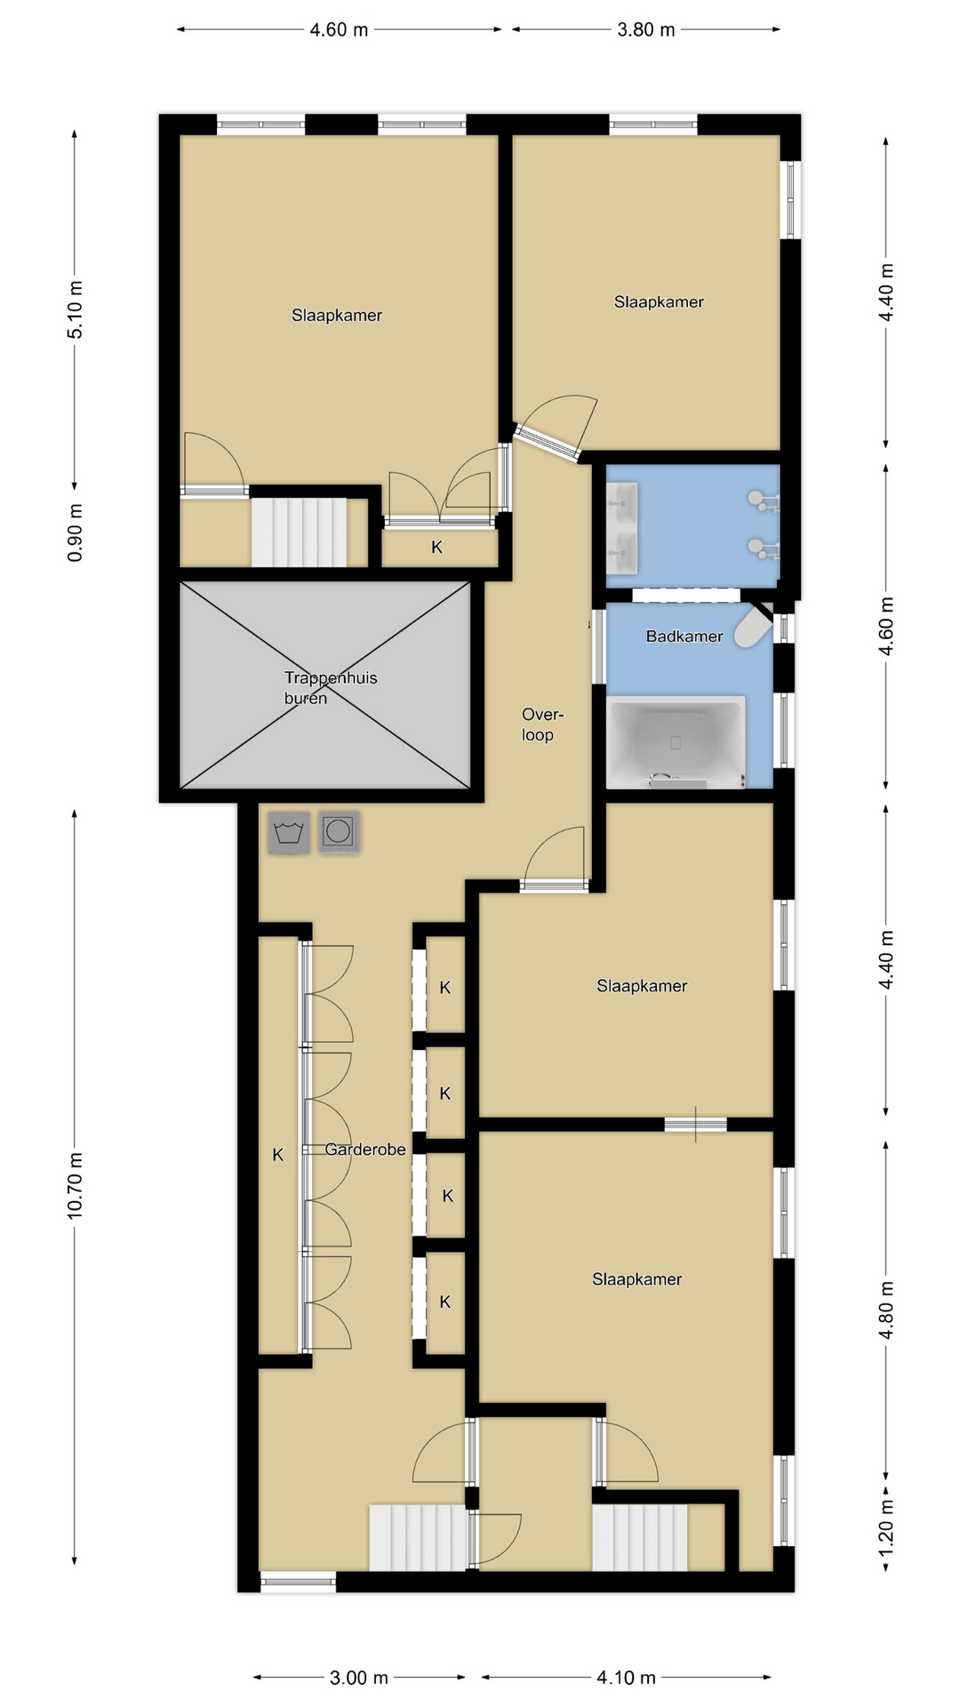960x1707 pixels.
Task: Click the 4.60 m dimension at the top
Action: pyautogui.click(x=339, y=30)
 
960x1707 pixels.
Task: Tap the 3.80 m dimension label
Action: pyautogui.click(x=646, y=30)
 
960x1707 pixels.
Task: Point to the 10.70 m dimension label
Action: pyautogui.click(x=75, y=1185)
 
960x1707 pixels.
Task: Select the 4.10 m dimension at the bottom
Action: pyautogui.click(x=626, y=1678)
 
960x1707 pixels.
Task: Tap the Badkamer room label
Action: pyautogui.click(x=684, y=636)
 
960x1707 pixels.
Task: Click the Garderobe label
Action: pyautogui.click(x=364, y=1150)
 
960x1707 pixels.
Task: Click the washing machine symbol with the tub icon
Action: pyautogui.click(x=289, y=833)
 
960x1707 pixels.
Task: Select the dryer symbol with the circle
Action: pyautogui.click(x=339, y=833)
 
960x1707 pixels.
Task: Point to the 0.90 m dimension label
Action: pyautogui.click(x=75, y=533)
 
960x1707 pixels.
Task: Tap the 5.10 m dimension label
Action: pyautogui.click(x=75, y=309)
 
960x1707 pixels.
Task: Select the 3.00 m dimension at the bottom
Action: pyautogui.click(x=359, y=1678)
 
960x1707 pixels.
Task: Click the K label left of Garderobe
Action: pyautogui.click(x=277, y=1155)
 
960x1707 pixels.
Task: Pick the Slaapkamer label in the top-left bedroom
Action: pyautogui.click(x=337, y=316)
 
